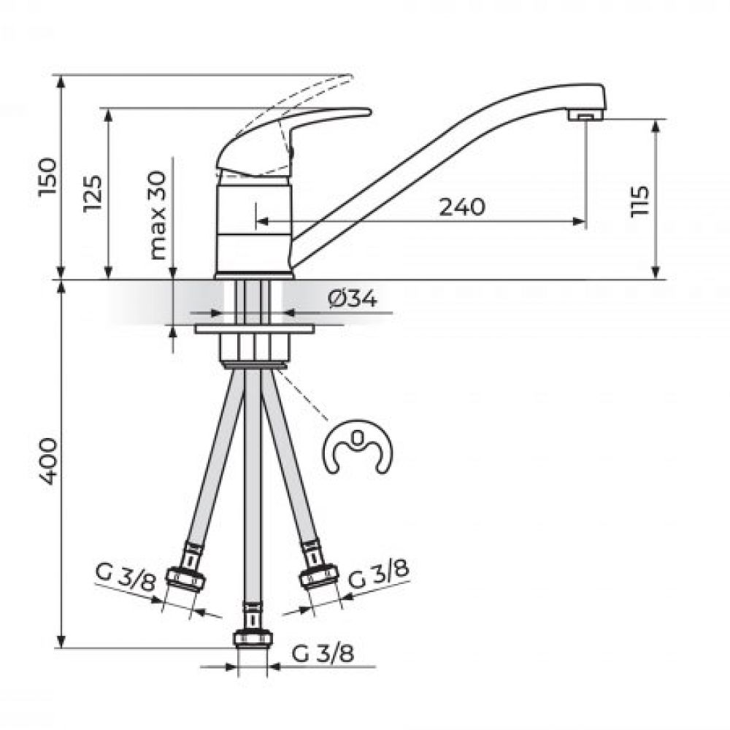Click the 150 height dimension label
pos(48,177)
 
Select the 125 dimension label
pos(93,193)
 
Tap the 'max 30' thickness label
pos(158,215)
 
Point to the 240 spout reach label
pos(462,207)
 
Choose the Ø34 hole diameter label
pos(352,299)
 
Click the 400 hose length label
pos(48,461)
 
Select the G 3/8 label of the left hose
pos(125,577)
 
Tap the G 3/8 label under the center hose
pos(323,653)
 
